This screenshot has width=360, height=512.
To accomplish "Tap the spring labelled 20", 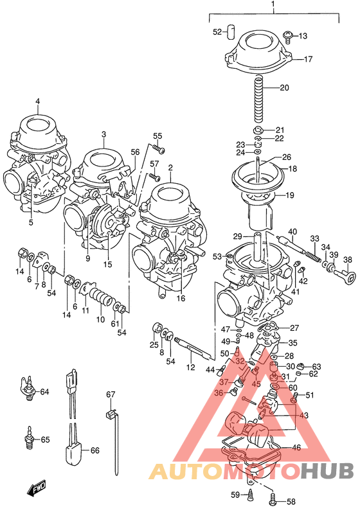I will (x=259, y=98).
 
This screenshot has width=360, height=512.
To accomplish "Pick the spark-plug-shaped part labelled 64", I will (x=28, y=391).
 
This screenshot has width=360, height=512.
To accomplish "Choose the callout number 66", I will (x=94, y=450).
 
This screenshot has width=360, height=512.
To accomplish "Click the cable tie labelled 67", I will (x=113, y=430).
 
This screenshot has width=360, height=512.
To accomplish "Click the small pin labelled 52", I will (x=235, y=32).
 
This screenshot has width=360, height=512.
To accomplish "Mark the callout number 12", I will (x=190, y=367).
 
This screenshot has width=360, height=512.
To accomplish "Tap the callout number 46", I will (x=296, y=448).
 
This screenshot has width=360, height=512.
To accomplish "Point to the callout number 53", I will (x=217, y=257).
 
